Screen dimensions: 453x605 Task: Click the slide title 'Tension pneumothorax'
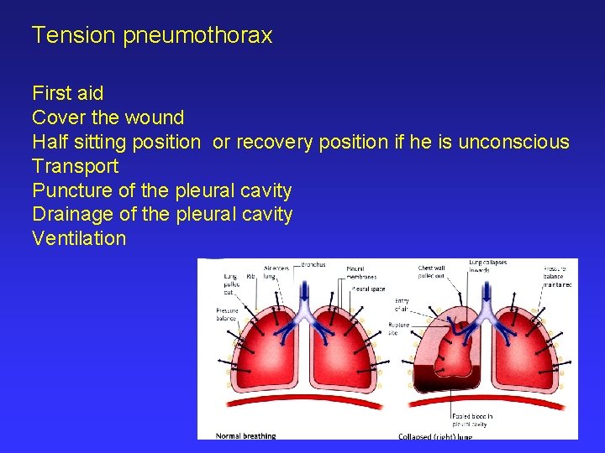[152, 35]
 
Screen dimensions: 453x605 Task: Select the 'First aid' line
[67, 93]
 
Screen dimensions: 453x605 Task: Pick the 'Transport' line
[75, 166]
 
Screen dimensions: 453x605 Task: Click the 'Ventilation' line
[78, 238]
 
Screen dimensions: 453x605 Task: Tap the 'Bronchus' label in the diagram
[313, 264]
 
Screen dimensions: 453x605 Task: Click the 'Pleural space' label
[368, 289]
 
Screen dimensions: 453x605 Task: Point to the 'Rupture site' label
[398, 328]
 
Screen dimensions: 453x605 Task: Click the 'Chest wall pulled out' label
[432, 273]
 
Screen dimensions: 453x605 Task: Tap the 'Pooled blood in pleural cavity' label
[472, 419]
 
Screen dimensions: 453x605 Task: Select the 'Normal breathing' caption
[245, 435]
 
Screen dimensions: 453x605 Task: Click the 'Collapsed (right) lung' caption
[434, 436]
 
